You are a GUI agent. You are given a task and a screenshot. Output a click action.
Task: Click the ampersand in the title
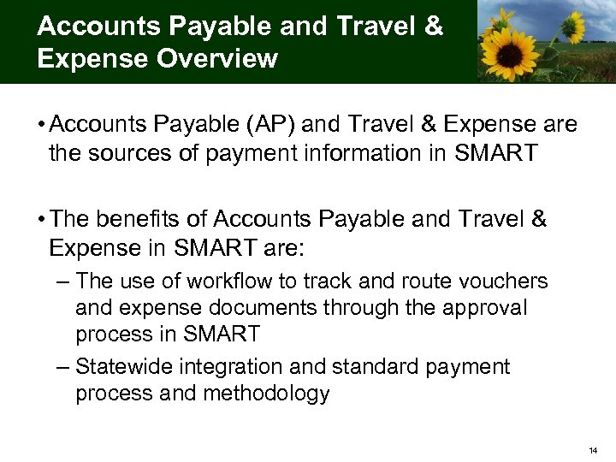[433, 26]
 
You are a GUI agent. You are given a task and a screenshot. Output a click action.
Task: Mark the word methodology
[266, 394]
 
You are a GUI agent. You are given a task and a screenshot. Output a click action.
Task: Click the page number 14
[592, 448]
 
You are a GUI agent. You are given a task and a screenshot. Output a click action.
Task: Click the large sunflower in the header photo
[510, 53]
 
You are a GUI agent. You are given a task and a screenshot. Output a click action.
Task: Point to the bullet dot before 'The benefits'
[41, 220]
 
